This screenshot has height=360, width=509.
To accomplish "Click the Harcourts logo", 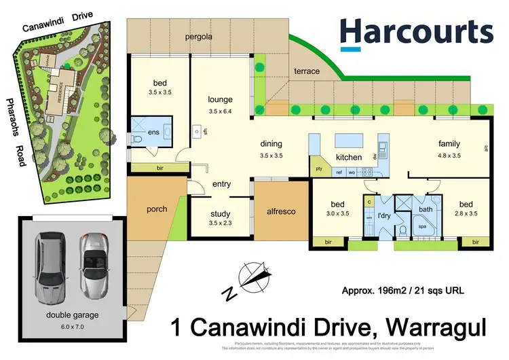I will click(416, 33).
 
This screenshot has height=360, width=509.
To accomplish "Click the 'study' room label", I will click(220, 213).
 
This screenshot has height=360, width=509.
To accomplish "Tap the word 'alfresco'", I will click(280, 212).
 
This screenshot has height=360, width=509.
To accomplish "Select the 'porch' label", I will click(157, 209).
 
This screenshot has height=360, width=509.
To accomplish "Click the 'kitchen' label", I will click(349, 158).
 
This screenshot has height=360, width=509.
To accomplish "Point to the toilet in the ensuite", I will click(138, 140).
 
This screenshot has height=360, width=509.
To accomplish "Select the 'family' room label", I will click(449, 144).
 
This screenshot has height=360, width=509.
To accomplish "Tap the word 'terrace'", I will click(307, 71).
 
